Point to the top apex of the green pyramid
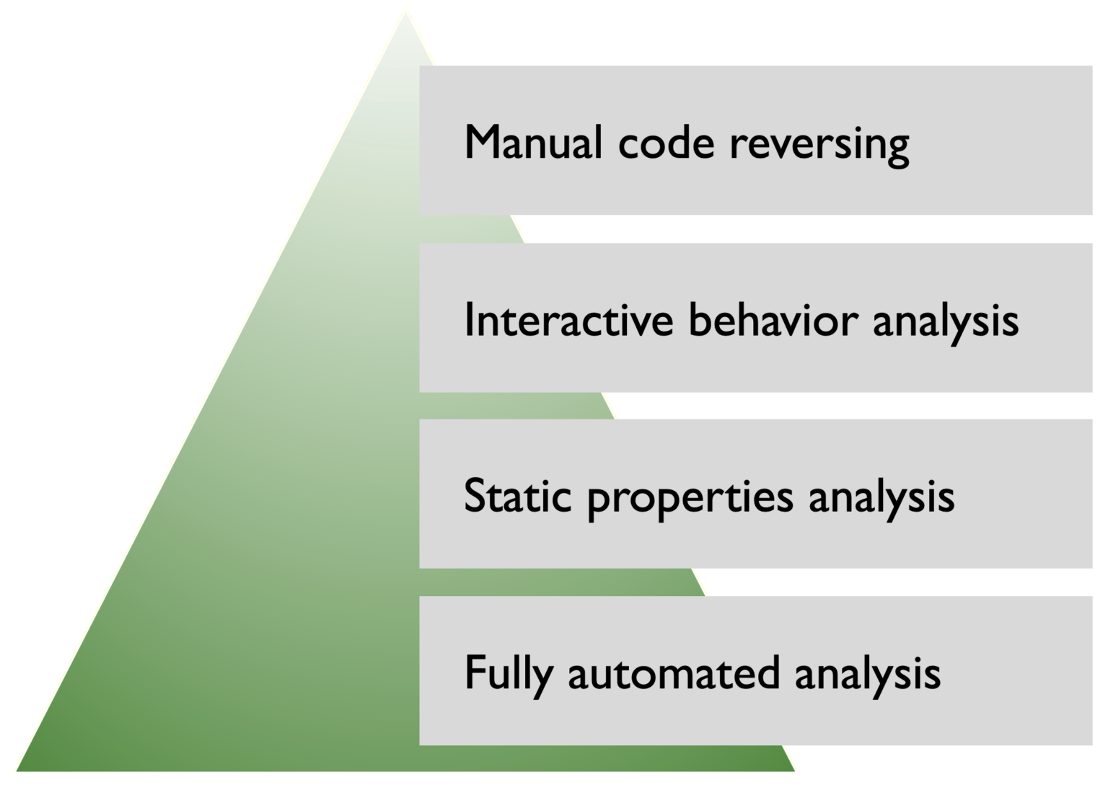(x=405, y=10)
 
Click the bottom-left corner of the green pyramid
(x=16, y=772)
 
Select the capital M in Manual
(x=482, y=142)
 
